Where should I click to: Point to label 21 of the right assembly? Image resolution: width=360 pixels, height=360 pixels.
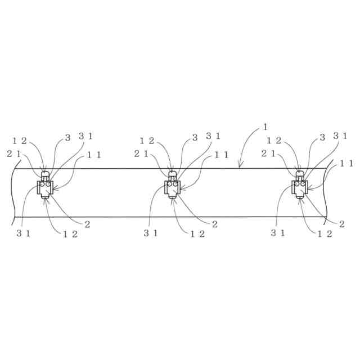pyautogui.click(x=268, y=153)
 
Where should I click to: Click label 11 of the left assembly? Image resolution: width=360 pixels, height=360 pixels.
pyautogui.click(x=94, y=155)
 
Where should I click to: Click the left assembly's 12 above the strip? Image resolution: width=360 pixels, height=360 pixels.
pyautogui.click(x=19, y=141)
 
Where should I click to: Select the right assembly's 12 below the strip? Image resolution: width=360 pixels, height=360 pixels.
pyautogui.click(x=325, y=234)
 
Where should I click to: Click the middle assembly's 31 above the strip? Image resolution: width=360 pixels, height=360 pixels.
pyautogui.click(x=213, y=136)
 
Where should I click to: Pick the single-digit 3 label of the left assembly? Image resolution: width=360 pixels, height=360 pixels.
pyautogui.click(x=67, y=137)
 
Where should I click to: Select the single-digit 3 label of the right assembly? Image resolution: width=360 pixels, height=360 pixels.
pyautogui.click(x=322, y=137)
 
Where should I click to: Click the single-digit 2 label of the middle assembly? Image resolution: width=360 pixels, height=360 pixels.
pyautogui.click(x=215, y=224)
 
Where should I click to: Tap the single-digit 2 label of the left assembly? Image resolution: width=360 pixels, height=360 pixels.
pyautogui.click(x=87, y=224)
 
